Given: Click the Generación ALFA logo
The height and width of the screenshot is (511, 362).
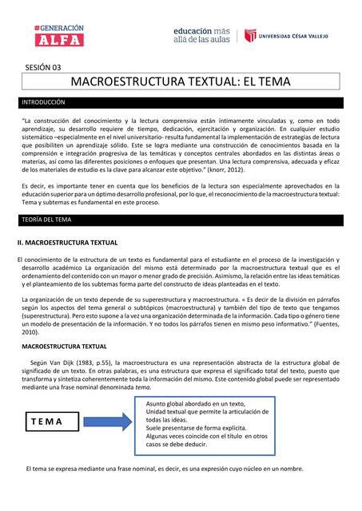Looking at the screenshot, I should [61, 34].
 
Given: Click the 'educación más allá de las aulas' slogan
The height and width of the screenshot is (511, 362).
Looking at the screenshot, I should [201, 34].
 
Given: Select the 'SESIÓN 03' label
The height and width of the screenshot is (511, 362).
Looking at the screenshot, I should [44, 67].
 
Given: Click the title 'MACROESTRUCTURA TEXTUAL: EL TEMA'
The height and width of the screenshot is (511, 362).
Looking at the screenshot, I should [181, 82].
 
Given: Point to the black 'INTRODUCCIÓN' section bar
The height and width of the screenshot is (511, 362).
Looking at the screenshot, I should [181, 103].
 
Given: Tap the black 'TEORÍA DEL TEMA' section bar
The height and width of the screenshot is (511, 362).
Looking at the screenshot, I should [181, 220].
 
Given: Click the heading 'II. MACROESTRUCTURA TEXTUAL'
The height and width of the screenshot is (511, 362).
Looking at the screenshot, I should [68, 242].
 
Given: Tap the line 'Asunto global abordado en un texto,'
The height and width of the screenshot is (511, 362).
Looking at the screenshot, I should [195, 404].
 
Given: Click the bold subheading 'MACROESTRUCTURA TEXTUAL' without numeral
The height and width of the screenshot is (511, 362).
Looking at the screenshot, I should [67, 347].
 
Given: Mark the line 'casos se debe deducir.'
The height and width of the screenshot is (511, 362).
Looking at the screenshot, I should [181, 445].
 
